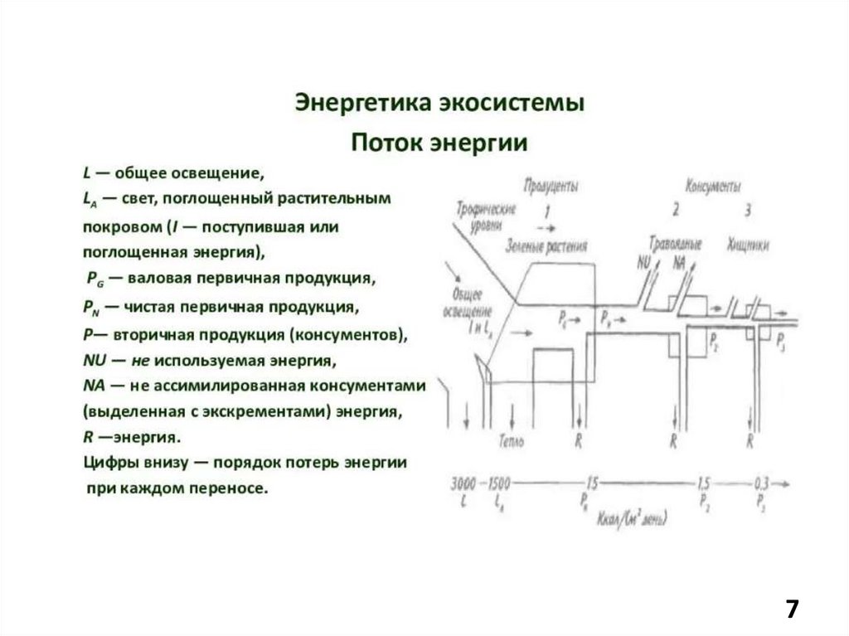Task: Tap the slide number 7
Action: pos(792,609)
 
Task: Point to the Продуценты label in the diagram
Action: pos(551,185)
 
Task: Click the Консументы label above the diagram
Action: pos(713,186)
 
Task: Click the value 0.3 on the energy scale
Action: pos(761,483)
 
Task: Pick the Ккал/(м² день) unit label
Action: pos(632,520)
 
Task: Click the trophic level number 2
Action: pos(676,211)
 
